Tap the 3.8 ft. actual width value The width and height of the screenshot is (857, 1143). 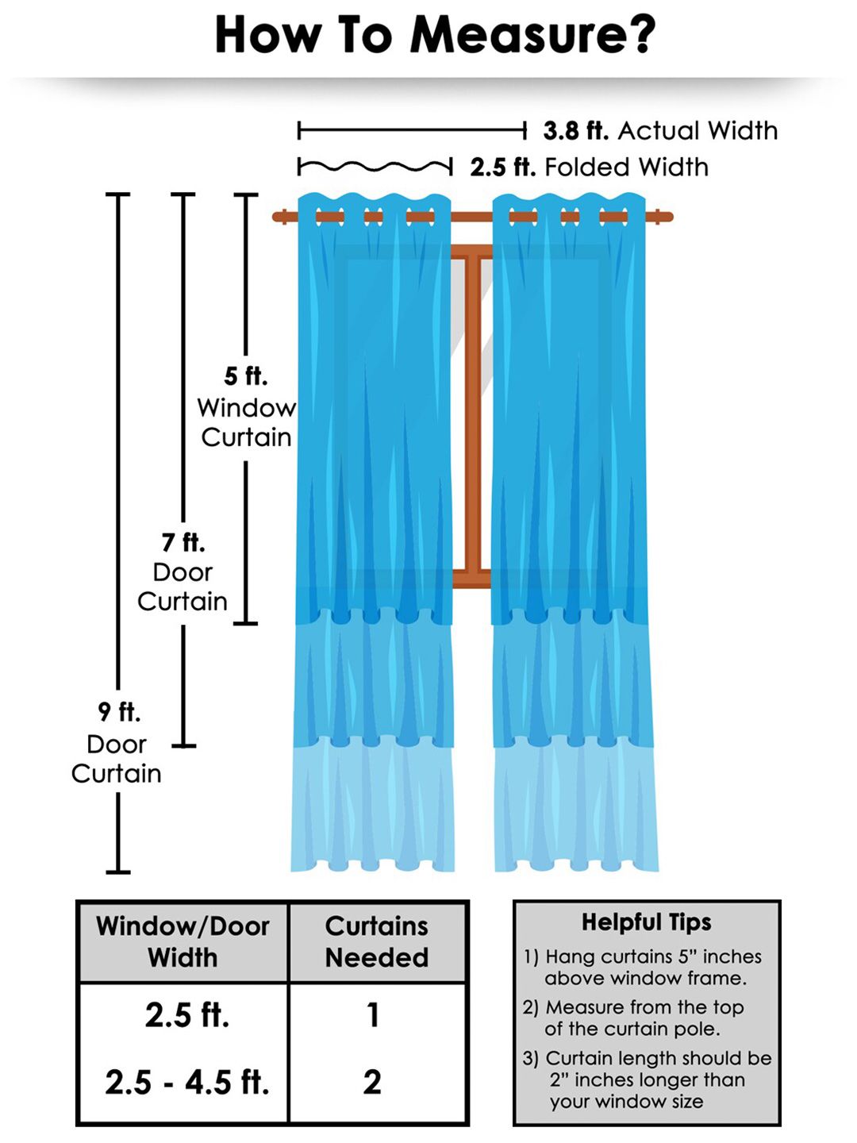click(x=575, y=130)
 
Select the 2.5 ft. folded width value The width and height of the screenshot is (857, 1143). click(x=502, y=167)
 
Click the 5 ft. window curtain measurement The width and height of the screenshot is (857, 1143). click(x=245, y=375)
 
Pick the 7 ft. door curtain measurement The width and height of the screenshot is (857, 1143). click(x=183, y=543)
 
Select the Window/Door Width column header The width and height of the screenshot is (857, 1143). click(x=183, y=941)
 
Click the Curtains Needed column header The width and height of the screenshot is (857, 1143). click(x=377, y=941)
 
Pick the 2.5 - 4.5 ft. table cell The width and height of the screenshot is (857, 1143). click(x=187, y=1082)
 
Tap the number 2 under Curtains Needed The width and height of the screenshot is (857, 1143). click(x=372, y=1082)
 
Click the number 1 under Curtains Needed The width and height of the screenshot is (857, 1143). click(x=373, y=1015)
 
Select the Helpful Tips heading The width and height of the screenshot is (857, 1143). click(x=646, y=922)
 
